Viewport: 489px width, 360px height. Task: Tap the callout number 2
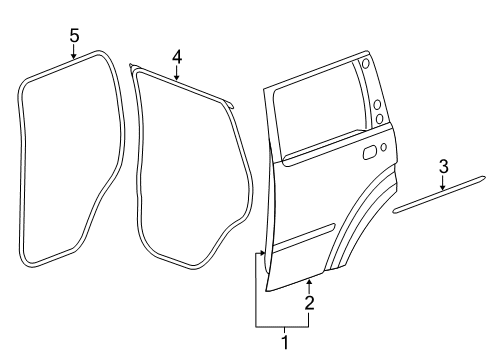tap(309, 302)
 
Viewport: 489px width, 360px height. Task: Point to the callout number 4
tap(176, 57)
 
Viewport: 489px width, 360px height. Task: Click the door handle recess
tap(369, 151)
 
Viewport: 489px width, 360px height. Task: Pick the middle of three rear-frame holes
tap(374, 103)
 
